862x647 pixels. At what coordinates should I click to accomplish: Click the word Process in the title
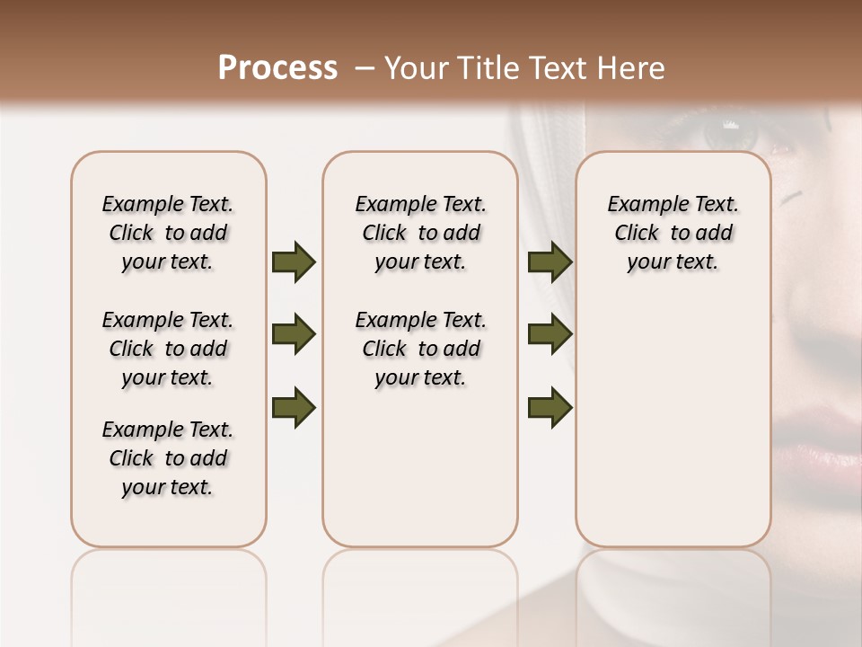click(277, 68)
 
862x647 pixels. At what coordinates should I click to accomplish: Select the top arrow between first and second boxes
click(294, 262)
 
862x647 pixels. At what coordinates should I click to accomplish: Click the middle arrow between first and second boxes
click(294, 334)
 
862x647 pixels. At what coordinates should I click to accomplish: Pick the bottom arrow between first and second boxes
click(294, 407)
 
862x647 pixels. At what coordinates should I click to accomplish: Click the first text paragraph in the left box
click(168, 233)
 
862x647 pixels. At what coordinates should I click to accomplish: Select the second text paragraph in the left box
click(168, 349)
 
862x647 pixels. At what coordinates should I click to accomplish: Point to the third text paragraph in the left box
click(168, 458)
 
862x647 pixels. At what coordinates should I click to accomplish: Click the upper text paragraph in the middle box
click(420, 233)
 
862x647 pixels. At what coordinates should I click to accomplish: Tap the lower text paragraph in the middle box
click(420, 349)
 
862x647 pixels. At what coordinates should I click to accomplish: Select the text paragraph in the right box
click(673, 233)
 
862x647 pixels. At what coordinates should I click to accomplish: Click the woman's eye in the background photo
click(729, 135)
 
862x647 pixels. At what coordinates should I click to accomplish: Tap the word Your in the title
click(415, 68)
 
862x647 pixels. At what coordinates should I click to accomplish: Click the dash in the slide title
click(364, 68)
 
